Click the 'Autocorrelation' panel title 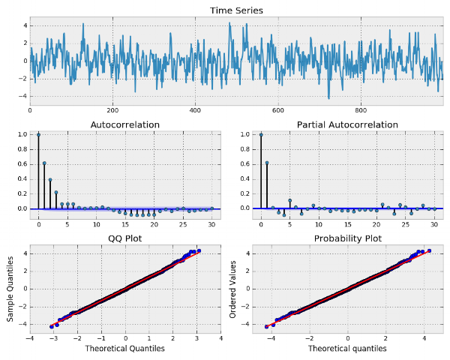coord(124,124)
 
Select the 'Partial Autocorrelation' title coord(347,124)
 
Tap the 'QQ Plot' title coord(124,238)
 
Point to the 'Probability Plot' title coord(347,238)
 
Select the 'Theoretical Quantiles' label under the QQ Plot coord(125,349)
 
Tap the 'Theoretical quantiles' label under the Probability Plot coord(347,349)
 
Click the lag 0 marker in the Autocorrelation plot coord(38,135)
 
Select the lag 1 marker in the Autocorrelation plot coord(44,163)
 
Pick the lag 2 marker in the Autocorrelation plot coord(50,179)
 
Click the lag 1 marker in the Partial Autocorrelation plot coord(267,163)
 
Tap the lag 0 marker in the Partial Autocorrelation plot coord(261,135)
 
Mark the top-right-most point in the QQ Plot coord(199,251)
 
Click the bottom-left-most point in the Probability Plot coord(266,326)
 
